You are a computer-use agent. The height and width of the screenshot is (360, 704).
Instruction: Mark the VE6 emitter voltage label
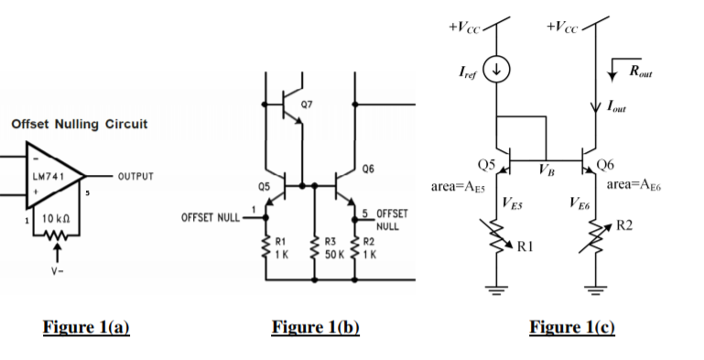578,203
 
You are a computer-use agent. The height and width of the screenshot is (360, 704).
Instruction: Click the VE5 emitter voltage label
513,202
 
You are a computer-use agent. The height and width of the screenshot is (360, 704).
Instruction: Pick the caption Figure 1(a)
87,328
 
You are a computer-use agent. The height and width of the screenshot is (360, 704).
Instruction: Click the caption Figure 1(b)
316,328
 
